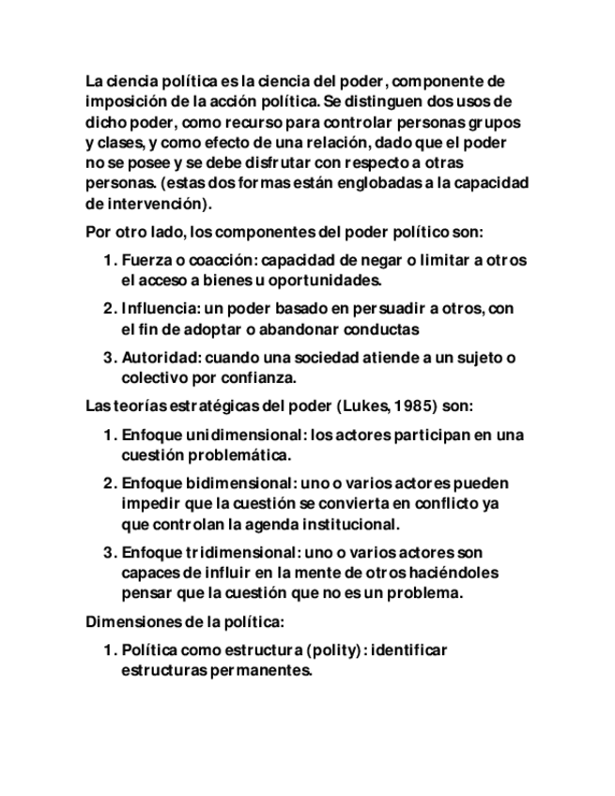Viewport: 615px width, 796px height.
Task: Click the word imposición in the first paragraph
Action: click(120, 101)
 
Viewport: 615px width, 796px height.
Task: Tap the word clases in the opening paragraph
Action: click(120, 143)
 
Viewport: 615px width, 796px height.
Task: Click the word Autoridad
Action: click(160, 358)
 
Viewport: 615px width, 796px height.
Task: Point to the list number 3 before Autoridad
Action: click(108, 358)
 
